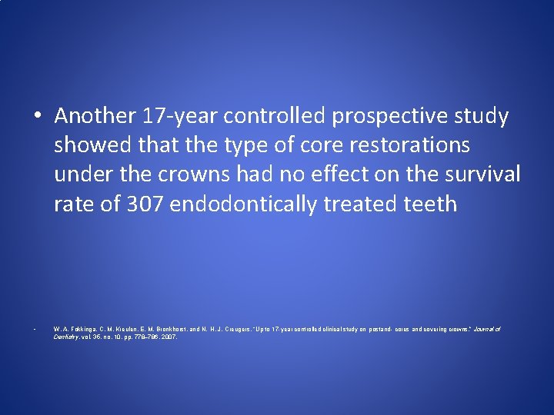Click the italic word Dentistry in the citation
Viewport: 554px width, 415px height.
[x=67, y=337]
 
